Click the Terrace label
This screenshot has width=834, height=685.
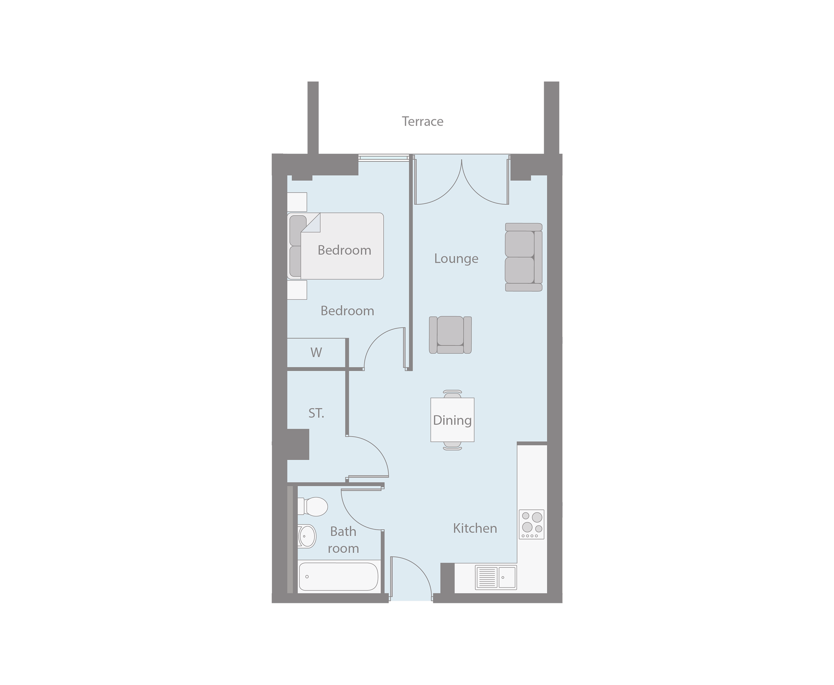(422, 122)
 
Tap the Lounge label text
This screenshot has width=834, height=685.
(456, 259)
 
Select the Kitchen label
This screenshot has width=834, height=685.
(475, 528)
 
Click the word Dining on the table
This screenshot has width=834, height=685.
(452, 421)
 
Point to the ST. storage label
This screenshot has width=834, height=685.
(316, 414)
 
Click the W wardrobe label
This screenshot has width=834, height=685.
(316, 352)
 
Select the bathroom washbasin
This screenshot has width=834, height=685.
(307, 536)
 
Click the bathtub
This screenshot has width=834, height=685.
(338, 576)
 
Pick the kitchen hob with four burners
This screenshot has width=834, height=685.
(531, 524)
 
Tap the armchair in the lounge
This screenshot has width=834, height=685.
(450, 335)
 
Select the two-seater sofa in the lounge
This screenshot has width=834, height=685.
(524, 257)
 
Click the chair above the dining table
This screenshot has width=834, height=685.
(453, 394)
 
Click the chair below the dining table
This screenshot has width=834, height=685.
(453, 446)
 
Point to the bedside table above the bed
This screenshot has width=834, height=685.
(297, 202)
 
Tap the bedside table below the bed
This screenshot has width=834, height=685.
(297, 290)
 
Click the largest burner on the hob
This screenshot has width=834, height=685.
(537, 517)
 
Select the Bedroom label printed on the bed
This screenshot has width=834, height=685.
(344, 250)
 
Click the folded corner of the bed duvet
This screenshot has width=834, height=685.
(311, 223)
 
